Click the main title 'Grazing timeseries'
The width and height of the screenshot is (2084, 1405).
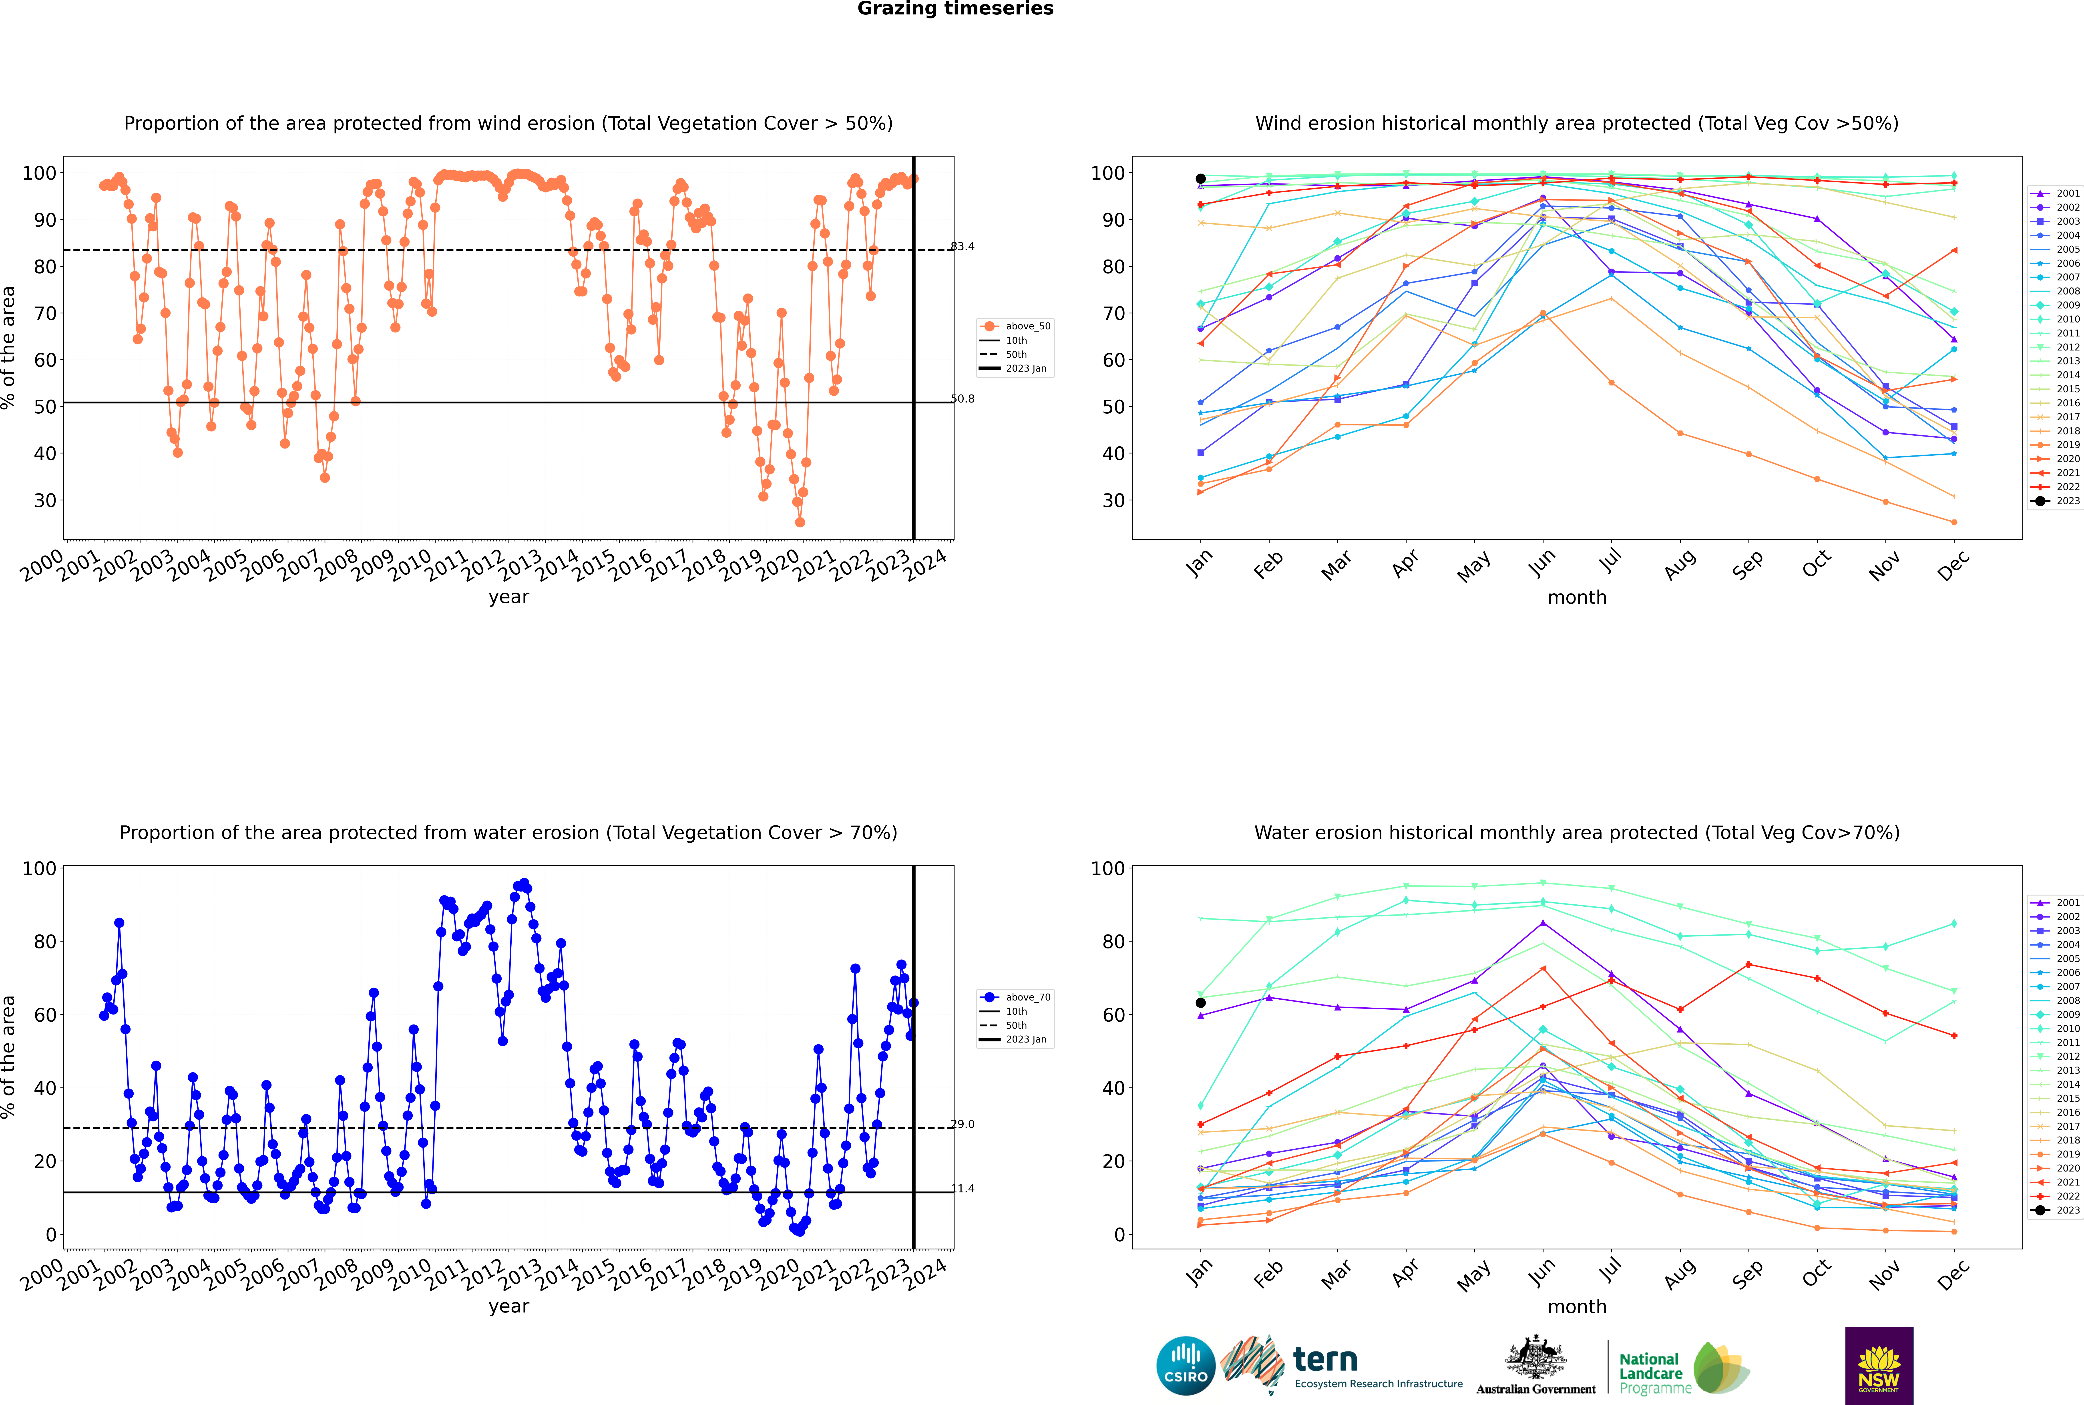(x=955, y=9)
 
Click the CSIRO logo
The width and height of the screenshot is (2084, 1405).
(x=1185, y=1366)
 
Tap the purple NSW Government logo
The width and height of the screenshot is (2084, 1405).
(x=1879, y=1366)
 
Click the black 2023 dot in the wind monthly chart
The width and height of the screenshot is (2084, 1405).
(x=1201, y=178)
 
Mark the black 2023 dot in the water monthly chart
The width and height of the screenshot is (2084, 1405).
(x=1201, y=1003)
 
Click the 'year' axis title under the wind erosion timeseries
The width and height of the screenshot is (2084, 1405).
(x=509, y=598)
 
